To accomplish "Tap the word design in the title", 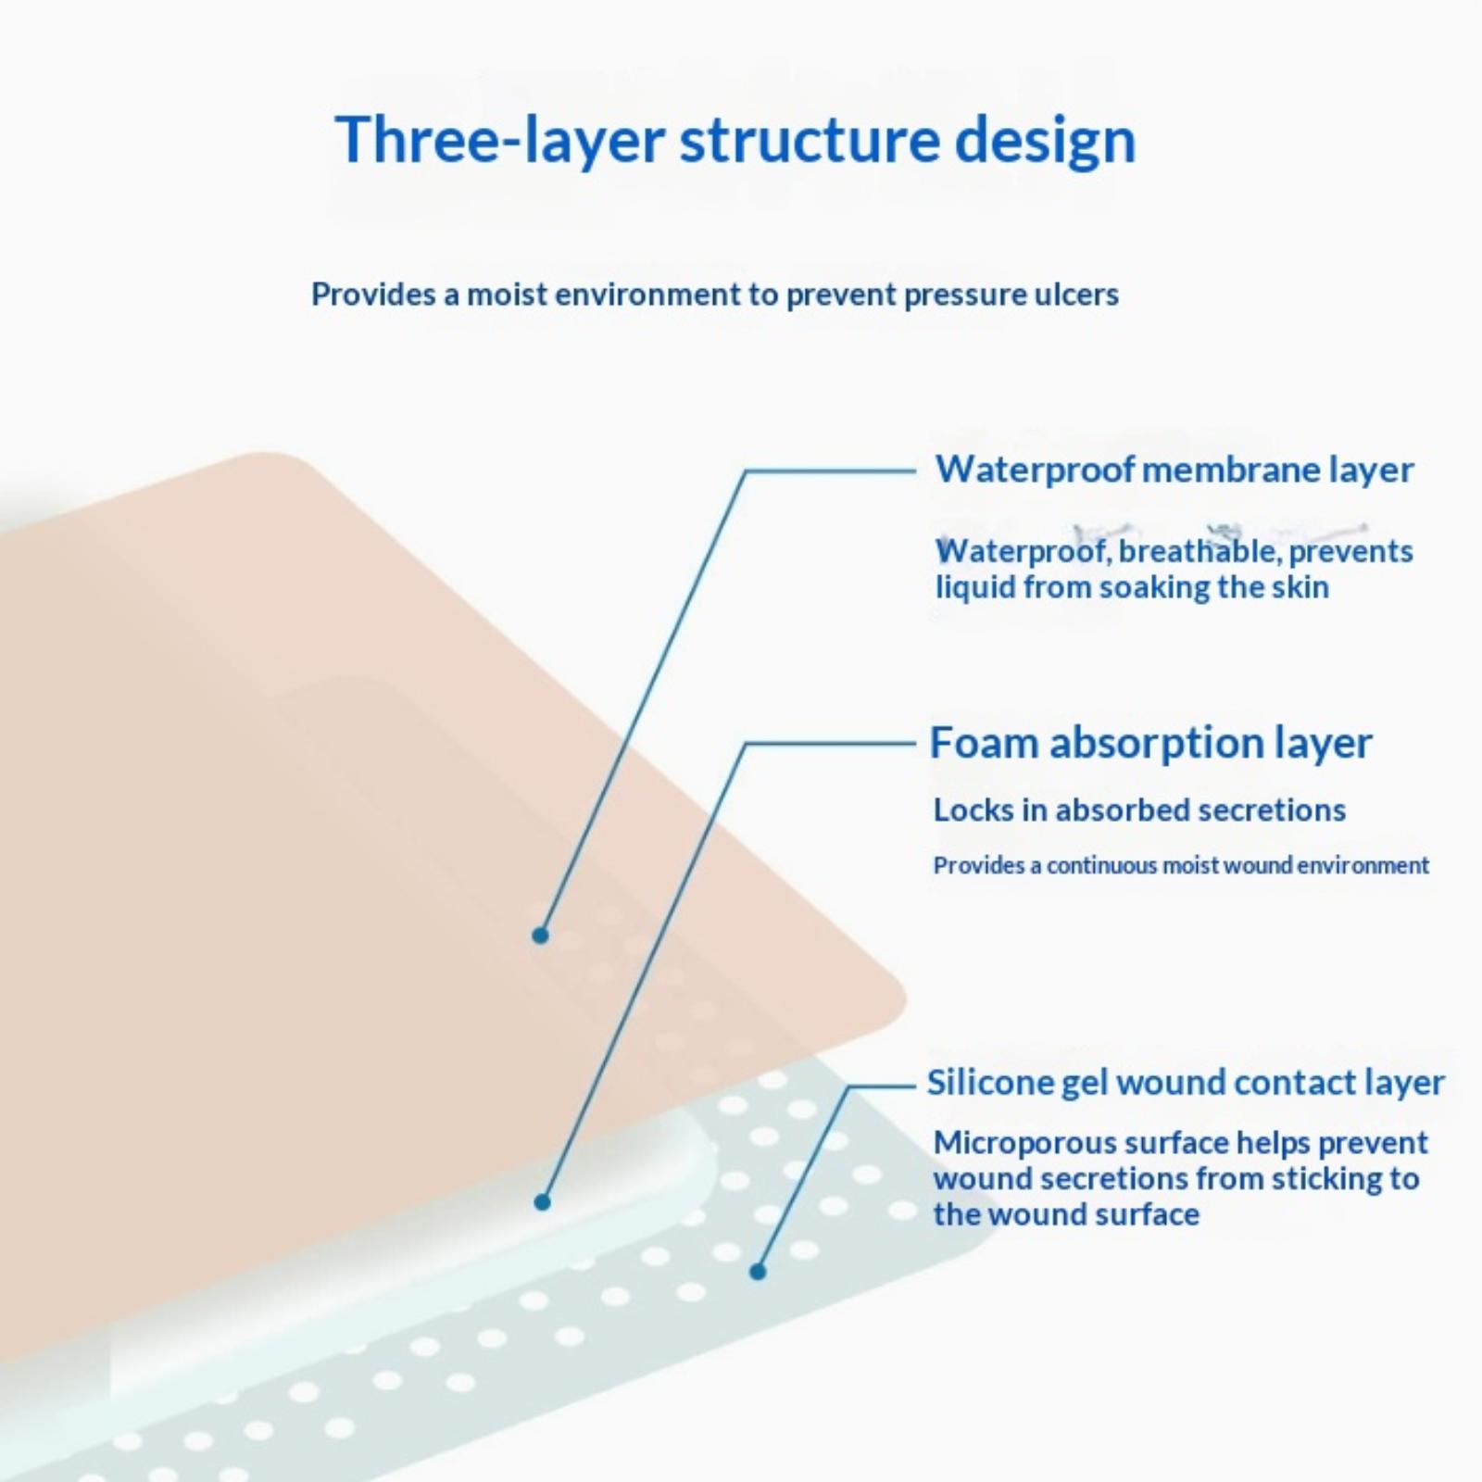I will coord(1045,141).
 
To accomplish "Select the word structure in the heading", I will coord(807,141).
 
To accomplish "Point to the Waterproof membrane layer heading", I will coord(1174,470).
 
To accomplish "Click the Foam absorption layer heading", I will coord(1150,743).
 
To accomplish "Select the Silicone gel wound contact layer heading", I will coord(1186,1082).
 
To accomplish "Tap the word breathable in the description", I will coord(1197,551).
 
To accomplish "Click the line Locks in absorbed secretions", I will coord(1139,810).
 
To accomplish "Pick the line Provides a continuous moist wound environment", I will coord(1181,865).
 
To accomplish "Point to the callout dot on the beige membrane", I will coord(541,936).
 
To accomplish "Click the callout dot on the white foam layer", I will coord(543,1202).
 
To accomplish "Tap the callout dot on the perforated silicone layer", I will coord(758,1272).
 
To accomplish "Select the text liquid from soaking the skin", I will coord(1132,587).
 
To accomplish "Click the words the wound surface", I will coord(1066,1214).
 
